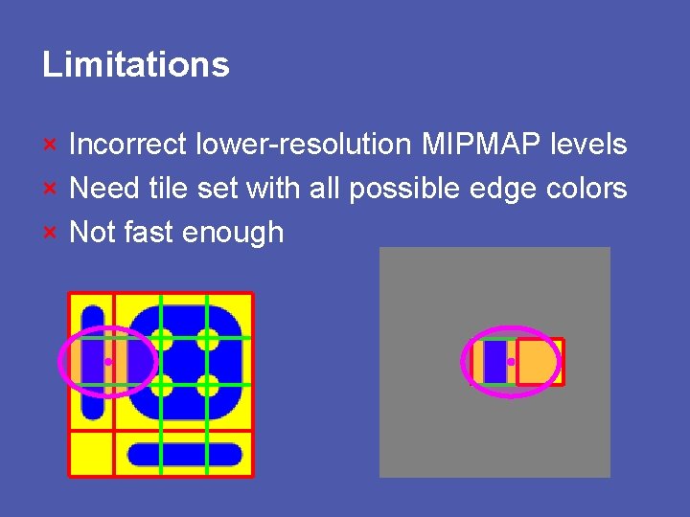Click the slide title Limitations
[x=136, y=65]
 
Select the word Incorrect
[x=128, y=145]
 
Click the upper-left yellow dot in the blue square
[x=162, y=339]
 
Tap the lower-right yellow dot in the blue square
[x=208, y=385]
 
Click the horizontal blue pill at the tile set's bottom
[x=185, y=454]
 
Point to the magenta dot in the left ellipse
[x=108, y=362]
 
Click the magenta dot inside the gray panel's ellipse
[x=512, y=362]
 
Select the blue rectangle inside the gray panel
[x=494, y=362]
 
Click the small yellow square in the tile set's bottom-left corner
[x=91, y=452]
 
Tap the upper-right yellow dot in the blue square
[x=208, y=339]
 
